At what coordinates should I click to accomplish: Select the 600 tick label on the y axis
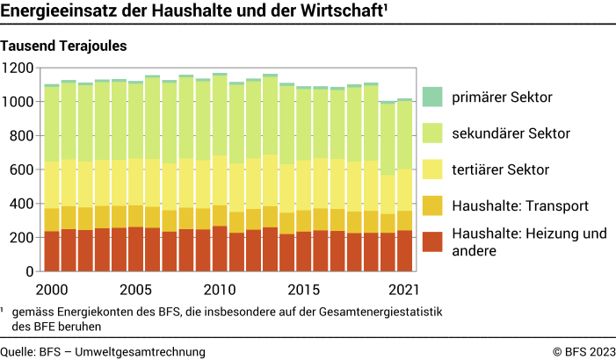tap(21, 169)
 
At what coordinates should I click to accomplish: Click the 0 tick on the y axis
tap(29, 271)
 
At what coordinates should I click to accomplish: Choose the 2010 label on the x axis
tap(220, 289)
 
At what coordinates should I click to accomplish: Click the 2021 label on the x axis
tap(403, 289)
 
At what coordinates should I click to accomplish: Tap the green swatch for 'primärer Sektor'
tap(431, 97)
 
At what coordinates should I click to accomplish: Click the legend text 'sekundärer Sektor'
tap(511, 133)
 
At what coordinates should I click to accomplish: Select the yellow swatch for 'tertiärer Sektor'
tap(431, 169)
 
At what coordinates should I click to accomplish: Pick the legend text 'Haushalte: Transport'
tap(519, 205)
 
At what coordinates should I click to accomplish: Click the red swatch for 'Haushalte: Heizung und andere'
tap(431, 241)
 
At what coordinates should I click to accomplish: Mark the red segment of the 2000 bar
tap(52, 251)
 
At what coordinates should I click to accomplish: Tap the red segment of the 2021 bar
tap(403, 251)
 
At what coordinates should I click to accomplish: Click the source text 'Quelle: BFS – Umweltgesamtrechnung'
tap(103, 351)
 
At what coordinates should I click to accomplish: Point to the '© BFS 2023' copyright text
tap(582, 351)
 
